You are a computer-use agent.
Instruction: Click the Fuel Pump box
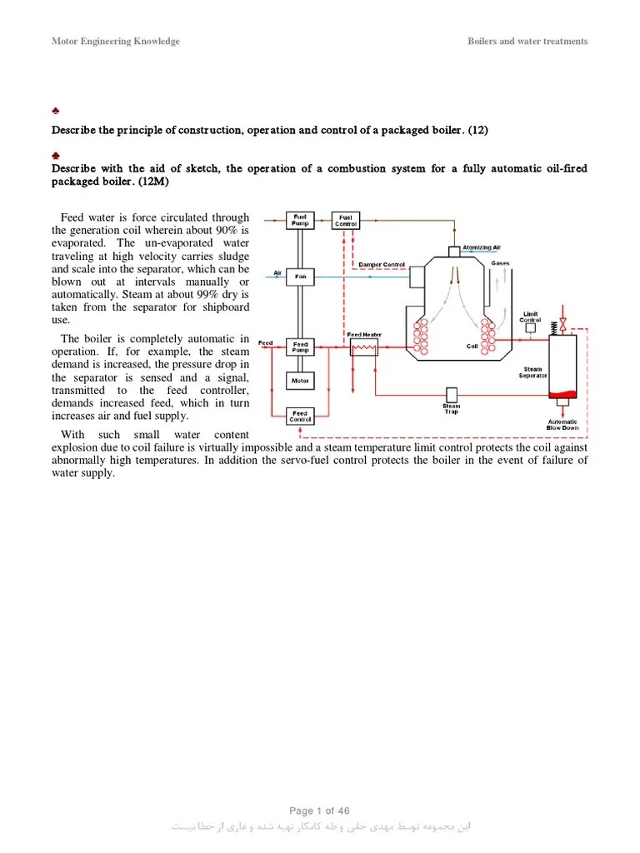click(299, 220)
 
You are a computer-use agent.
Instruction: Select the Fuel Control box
click(346, 220)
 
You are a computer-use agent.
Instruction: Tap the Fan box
click(299, 276)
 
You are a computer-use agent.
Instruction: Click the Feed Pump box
click(299, 347)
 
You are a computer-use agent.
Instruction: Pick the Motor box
click(299, 381)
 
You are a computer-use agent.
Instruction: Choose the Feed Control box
click(299, 416)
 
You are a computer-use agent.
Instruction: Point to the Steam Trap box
click(451, 394)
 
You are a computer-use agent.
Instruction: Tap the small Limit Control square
click(530, 329)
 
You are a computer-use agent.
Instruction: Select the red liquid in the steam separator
click(562, 394)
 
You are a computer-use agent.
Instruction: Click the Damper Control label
click(381, 265)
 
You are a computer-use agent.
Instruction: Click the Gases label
click(500, 263)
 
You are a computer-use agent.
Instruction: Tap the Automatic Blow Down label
click(562, 424)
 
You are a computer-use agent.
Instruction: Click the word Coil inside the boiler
click(472, 346)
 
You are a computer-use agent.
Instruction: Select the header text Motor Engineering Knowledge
click(115, 42)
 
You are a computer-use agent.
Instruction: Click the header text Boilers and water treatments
click(527, 42)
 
